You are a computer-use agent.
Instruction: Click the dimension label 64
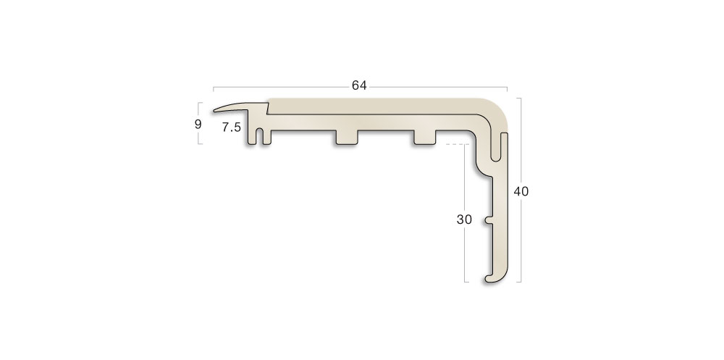point(359,85)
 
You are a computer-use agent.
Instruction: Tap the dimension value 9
point(198,124)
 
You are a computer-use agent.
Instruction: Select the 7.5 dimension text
point(231,127)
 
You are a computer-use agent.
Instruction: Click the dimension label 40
point(521,192)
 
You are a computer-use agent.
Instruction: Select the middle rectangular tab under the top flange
point(348,138)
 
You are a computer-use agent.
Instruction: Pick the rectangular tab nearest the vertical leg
point(424,138)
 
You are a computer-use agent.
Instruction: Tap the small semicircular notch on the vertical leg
point(490,217)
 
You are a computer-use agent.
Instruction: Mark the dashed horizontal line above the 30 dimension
point(454,144)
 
